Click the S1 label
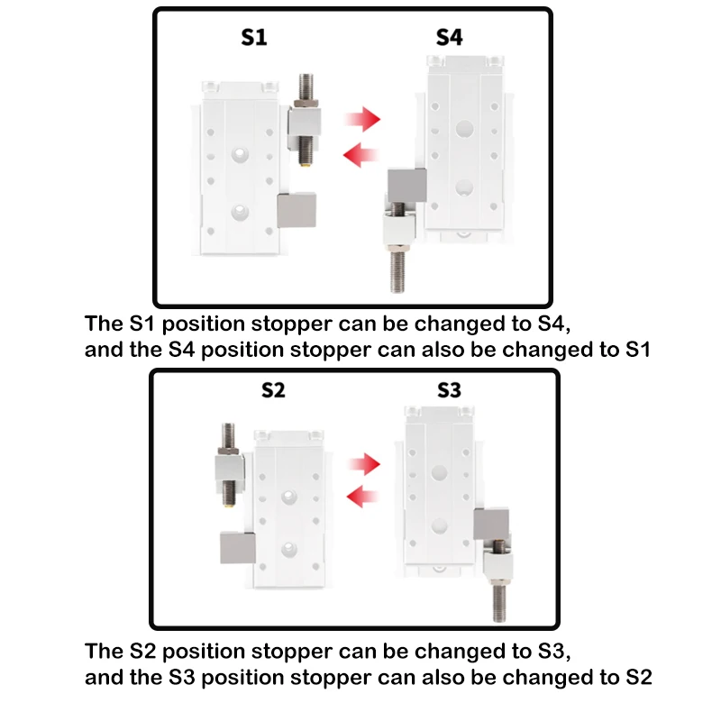point(254,37)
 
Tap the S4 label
point(449,37)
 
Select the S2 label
point(273,390)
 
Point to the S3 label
point(449,390)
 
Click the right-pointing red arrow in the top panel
point(363,119)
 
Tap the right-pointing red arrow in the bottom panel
point(364,464)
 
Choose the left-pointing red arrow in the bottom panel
point(362,497)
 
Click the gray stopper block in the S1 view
point(297,211)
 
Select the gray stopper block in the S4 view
point(407,186)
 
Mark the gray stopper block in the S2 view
point(238,548)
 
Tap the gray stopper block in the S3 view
point(491,525)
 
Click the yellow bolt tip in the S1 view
point(305,162)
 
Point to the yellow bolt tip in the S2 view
point(229,504)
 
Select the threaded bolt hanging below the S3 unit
point(500,601)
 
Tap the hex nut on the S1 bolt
point(306,101)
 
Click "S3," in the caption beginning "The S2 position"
point(554,652)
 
